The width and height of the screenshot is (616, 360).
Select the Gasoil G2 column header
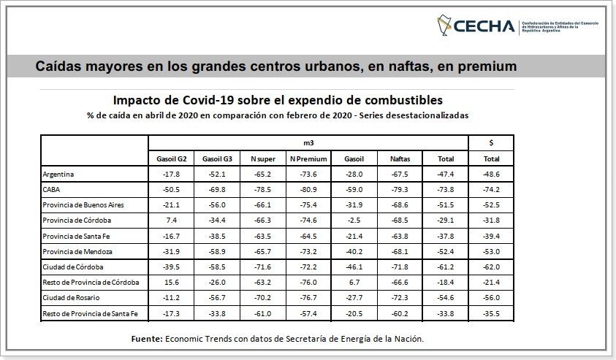pos(171,158)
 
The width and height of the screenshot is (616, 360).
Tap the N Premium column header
pos(308,158)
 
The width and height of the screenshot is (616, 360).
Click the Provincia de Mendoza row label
pos(78,251)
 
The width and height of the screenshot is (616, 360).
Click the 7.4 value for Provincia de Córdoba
pos(172,221)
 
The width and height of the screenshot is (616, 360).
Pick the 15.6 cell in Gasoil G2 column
pos(172,283)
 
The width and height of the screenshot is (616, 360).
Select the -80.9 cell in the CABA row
pos(307,189)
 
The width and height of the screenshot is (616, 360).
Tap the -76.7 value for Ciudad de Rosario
pos(307,298)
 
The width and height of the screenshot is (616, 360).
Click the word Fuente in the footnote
pos(146,339)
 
